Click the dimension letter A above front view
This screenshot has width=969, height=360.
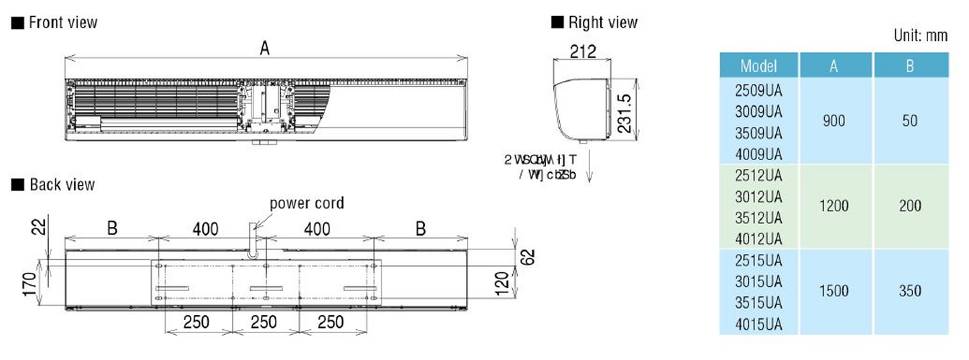point(265,48)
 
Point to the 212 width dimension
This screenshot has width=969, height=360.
point(582,52)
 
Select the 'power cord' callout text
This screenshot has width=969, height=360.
point(306,203)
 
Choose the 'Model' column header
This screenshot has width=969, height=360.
point(758,66)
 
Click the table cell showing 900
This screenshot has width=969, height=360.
point(834,121)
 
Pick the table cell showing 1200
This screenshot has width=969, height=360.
point(834,206)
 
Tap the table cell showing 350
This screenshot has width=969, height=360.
point(910,291)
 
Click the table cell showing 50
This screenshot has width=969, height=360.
point(910,121)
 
